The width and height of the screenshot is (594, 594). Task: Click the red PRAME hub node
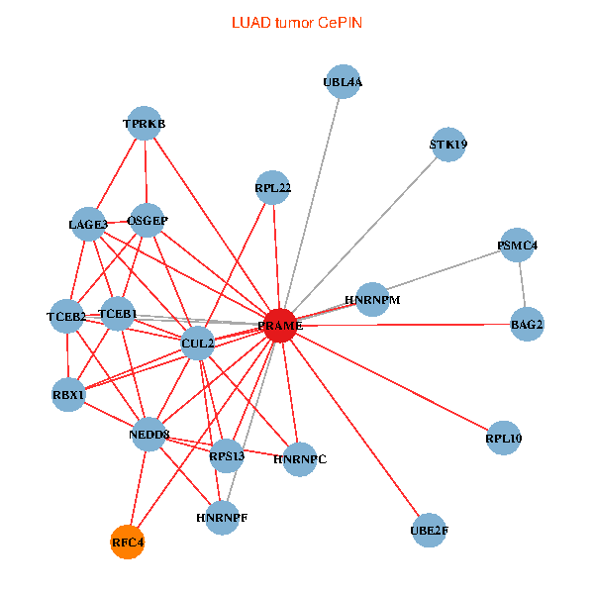pos(281,325)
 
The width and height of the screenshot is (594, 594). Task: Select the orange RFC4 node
pos(127,542)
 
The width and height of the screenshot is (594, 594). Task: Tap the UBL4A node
pos(343,83)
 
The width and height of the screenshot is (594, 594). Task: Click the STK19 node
pos(448,145)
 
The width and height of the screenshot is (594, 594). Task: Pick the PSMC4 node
pos(517,245)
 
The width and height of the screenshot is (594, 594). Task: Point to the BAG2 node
pos(527,324)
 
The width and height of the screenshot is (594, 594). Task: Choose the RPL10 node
pos(503,437)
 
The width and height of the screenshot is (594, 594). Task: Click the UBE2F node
pos(429,531)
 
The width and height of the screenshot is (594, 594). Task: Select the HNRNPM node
pos(372,299)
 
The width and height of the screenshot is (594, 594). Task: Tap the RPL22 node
pos(272,187)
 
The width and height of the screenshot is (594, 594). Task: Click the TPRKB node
pos(145,124)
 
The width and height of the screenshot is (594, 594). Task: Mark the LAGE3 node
pos(88,225)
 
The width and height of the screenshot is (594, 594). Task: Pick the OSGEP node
pos(147,220)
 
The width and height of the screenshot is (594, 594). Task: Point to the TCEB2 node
pos(66,316)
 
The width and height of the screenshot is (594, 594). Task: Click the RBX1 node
pos(69,395)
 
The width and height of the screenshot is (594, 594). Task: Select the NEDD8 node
pos(148,434)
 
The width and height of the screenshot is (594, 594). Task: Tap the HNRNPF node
pos(222,517)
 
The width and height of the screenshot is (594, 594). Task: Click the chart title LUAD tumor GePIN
pos(297,22)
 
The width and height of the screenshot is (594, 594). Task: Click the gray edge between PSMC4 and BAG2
pos(522,284)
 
